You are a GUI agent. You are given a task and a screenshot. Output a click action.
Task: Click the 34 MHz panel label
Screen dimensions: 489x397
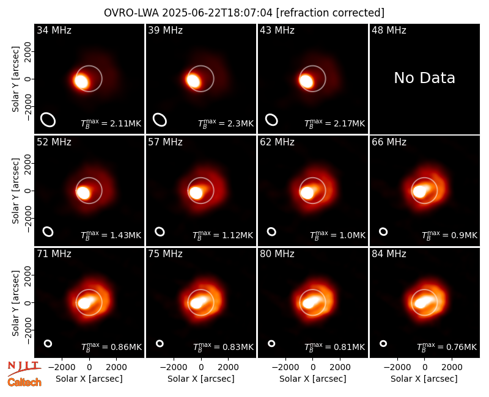(x=54, y=30)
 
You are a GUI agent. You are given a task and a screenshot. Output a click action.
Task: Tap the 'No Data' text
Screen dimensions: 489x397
(x=424, y=78)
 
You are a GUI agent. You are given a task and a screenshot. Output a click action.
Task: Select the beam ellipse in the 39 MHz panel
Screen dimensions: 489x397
(x=160, y=120)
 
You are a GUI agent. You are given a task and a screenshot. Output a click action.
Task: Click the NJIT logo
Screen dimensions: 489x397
(x=24, y=368)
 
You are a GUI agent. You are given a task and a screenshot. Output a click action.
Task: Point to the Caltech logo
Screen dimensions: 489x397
(x=24, y=382)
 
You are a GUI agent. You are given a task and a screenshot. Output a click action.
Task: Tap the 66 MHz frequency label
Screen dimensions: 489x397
(x=389, y=142)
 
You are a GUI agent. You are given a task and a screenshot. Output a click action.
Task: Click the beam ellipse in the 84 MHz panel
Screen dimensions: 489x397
(x=383, y=343)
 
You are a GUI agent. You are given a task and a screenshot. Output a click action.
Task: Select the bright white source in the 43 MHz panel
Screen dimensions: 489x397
(x=306, y=81)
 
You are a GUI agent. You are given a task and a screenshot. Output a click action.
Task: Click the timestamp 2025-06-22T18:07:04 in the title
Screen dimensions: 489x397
(x=218, y=13)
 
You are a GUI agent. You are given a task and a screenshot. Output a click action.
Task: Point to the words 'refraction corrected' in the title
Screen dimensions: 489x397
(x=330, y=13)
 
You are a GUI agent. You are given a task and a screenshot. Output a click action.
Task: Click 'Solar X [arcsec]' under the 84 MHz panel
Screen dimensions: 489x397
(x=424, y=379)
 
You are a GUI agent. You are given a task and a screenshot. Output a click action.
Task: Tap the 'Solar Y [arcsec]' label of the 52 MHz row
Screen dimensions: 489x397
(x=15, y=191)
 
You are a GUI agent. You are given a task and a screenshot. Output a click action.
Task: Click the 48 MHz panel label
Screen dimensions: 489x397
(x=389, y=30)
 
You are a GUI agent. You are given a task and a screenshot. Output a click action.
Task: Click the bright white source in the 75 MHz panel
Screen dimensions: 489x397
(x=197, y=302)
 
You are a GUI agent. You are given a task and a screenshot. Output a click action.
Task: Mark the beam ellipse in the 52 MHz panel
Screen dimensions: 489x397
(x=48, y=231)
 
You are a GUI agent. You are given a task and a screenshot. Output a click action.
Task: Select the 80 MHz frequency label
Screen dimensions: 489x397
(x=278, y=254)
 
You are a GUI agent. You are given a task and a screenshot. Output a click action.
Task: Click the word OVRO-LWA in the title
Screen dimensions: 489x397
(x=131, y=13)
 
